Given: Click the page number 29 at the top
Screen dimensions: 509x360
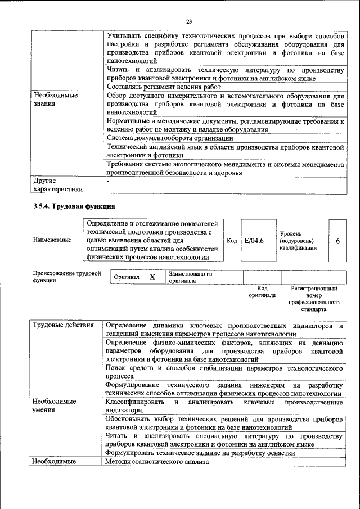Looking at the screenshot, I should point(189,21).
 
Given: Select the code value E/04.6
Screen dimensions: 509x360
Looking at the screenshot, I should point(255,241).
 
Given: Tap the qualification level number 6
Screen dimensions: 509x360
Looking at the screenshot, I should point(337,241).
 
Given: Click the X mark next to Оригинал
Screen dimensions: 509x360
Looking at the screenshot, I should point(152,277).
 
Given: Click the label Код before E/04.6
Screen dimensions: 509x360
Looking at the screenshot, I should point(231,241).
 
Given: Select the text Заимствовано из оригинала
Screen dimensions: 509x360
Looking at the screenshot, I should point(190,277).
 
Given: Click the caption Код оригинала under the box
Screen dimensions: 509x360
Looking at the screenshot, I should point(262,291).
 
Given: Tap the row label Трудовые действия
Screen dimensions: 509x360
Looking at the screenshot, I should point(63,326).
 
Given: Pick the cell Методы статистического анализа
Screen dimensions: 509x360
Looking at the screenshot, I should point(156,462).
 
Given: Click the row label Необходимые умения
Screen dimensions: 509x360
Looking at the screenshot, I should point(54,406).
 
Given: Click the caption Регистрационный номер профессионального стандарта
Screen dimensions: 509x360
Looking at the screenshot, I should point(313,299).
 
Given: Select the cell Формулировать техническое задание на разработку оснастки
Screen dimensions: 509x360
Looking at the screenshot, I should point(200,453).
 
